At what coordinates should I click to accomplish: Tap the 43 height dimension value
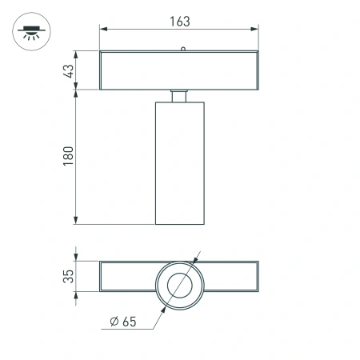click(69, 70)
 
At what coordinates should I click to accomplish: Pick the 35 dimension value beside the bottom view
click(69, 277)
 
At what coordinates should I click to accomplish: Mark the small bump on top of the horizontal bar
click(183, 50)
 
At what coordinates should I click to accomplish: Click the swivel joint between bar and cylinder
click(179, 97)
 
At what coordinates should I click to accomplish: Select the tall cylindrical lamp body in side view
click(179, 164)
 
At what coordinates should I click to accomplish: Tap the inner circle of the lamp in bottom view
click(179, 284)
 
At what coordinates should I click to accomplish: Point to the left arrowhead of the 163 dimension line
click(103, 29)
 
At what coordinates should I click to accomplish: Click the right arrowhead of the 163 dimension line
click(255, 29)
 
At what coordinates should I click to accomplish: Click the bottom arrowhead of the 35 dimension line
click(78, 291)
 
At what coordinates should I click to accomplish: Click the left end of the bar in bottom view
click(102, 277)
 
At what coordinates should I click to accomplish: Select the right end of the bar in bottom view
click(257, 277)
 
